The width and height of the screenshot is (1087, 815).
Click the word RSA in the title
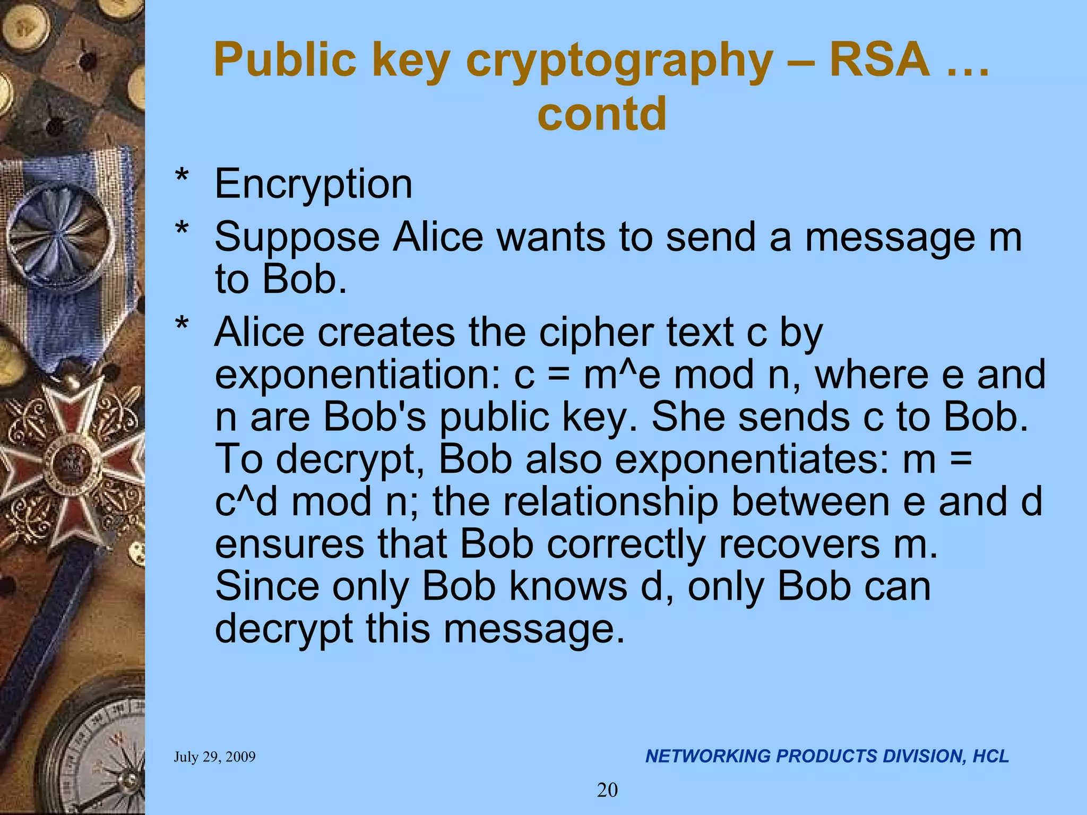pos(879,59)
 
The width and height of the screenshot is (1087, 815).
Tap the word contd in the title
pos(601,114)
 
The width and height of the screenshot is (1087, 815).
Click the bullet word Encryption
pos(313,184)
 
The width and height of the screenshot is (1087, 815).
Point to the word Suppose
pos(297,237)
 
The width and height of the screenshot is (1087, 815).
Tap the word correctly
pos(626,544)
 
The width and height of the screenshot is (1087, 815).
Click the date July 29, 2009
pos(214,757)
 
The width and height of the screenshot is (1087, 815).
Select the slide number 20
pos(607,790)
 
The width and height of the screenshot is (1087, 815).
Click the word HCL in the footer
pos(990,756)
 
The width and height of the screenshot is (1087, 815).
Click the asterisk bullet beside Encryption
pos(182,176)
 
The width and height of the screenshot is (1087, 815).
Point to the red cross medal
pos(69,462)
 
